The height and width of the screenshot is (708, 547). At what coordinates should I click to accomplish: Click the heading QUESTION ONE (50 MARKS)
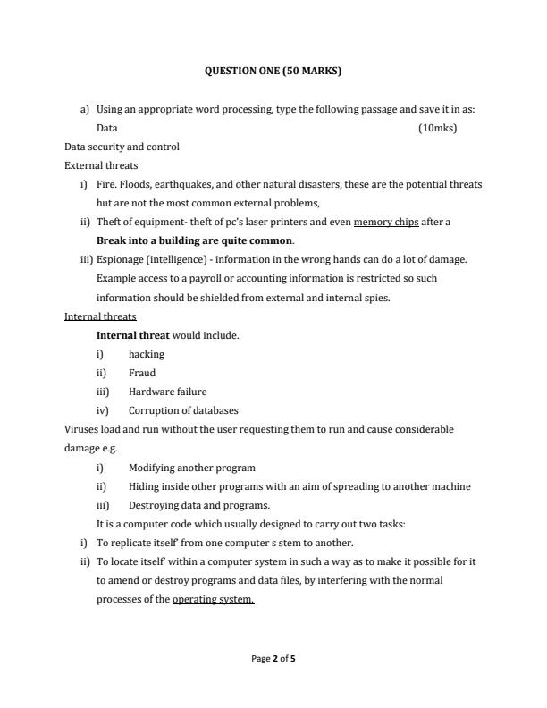[x=273, y=70]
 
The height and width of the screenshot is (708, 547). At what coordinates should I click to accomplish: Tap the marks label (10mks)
[x=437, y=128]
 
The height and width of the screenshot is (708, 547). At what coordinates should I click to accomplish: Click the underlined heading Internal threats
[x=100, y=316]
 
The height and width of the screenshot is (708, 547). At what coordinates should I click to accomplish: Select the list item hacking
[x=147, y=354]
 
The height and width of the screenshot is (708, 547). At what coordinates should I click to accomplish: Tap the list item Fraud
[x=142, y=373]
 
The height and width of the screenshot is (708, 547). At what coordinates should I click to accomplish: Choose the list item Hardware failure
[x=167, y=392]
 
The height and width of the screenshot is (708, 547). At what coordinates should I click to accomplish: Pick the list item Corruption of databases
[x=183, y=410]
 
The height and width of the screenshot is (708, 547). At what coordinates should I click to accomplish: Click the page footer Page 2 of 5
[x=273, y=659]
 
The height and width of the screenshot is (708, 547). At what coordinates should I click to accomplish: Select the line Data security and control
[x=122, y=147]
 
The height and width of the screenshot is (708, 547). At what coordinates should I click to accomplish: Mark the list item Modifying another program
[x=191, y=468]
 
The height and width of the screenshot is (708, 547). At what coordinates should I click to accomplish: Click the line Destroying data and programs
[x=186, y=505]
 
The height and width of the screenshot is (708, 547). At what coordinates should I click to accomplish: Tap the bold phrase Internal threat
[x=132, y=335]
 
